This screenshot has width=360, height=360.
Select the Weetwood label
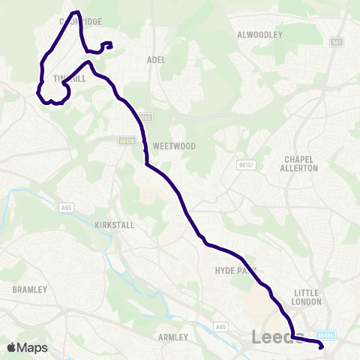click(173, 146)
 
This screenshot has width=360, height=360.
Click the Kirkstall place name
click(113, 224)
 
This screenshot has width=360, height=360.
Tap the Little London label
click(307, 297)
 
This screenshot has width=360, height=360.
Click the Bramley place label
click(30, 289)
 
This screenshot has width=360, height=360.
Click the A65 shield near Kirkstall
click(66, 206)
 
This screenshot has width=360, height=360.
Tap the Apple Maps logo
click(26, 347)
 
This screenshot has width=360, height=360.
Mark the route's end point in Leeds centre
click(321, 346)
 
